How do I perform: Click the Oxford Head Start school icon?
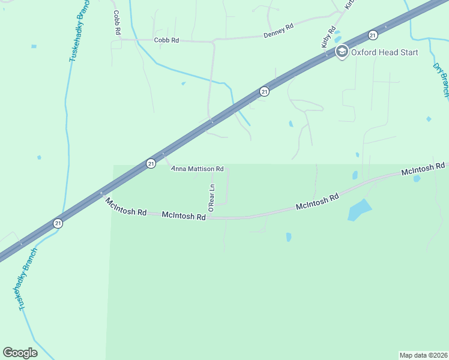342,52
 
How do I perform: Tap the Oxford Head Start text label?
385,52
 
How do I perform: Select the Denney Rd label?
278,31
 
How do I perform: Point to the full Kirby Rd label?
328,37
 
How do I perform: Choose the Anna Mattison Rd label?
197,169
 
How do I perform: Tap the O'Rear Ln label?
211,197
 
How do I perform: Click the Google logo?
20,353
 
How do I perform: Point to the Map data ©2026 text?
423,355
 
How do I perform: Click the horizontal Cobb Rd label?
166,40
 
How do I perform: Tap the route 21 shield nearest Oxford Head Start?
373,35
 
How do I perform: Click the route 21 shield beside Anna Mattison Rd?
151,163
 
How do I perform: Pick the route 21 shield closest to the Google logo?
58,223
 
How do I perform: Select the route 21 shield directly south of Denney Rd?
264,91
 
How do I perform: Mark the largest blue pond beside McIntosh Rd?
359,210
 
